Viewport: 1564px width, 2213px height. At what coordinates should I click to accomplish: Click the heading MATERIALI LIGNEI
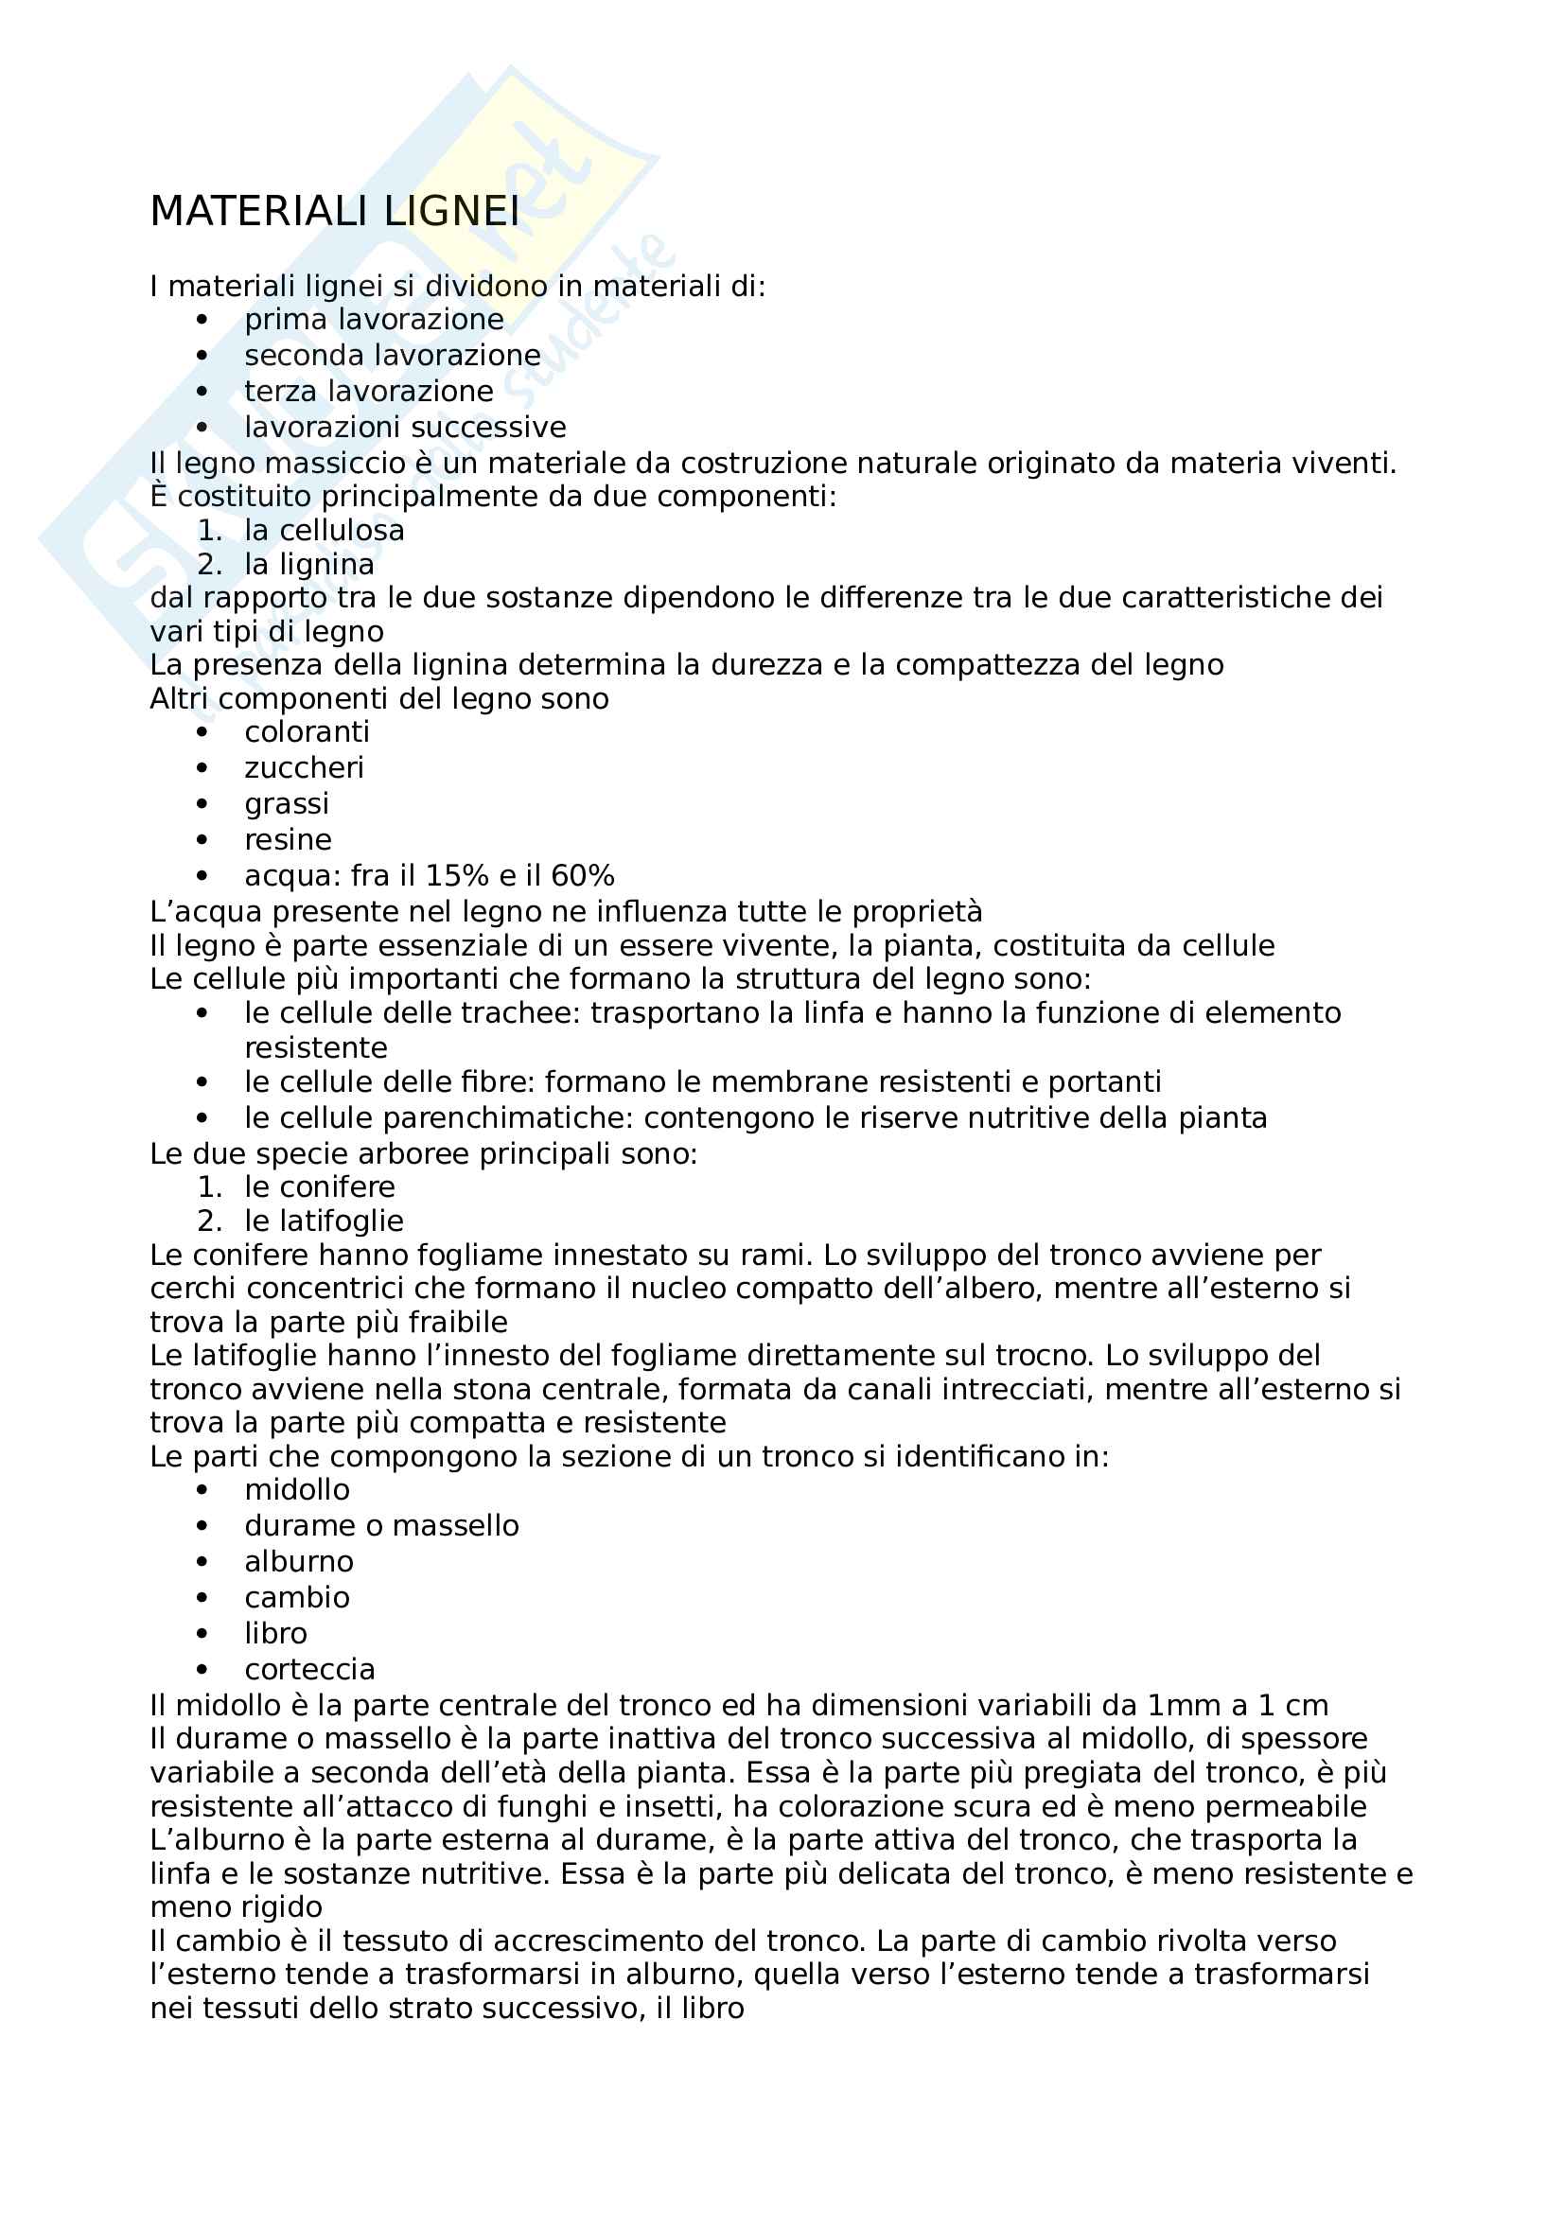[334, 212]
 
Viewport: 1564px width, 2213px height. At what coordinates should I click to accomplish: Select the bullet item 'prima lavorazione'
[374, 319]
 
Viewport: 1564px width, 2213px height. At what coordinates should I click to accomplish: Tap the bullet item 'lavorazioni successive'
[405, 427]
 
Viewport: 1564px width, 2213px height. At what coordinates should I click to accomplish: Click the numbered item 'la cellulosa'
[324, 530]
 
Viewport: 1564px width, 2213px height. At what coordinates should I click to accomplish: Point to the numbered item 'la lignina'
[308, 564]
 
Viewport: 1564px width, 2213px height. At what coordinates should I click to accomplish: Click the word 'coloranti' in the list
[307, 731]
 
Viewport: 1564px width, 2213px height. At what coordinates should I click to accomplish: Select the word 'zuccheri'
[304, 768]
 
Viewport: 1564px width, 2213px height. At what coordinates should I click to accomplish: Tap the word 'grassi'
[286, 804]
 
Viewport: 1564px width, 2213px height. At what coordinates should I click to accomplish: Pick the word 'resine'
[288, 839]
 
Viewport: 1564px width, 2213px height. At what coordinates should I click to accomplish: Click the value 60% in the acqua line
[582, 875]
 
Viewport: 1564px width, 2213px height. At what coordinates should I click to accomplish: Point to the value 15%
[457, 875]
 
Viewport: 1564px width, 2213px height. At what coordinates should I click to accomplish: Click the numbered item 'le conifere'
[319, 1186]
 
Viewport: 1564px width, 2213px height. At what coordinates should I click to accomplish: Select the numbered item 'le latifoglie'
[324, 1221]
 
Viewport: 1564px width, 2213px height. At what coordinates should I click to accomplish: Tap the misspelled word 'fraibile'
[458, 1322]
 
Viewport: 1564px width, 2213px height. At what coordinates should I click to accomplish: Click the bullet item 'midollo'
[297, 1489]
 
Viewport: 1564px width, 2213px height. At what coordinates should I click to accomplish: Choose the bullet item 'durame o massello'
[380, 1525]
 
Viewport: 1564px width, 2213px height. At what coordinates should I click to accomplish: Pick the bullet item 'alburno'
[299, 1560]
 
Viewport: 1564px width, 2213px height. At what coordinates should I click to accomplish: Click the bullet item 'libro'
[275, 1633]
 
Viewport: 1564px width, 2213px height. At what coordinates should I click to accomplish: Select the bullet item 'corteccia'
[309, 1668]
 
